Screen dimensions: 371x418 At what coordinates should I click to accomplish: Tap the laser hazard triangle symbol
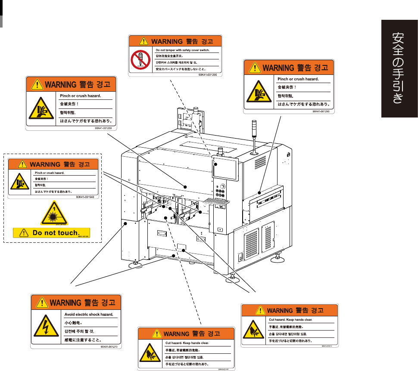(x=55, y=214)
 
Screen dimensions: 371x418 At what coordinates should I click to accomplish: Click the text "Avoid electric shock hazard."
(x=88, y=315)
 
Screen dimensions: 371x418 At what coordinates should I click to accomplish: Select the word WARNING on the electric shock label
(x=66, y=303)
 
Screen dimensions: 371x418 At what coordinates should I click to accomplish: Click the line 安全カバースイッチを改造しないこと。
(x=181, y=69)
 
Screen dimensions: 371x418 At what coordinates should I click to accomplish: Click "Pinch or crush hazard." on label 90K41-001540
(x=50, y=173)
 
